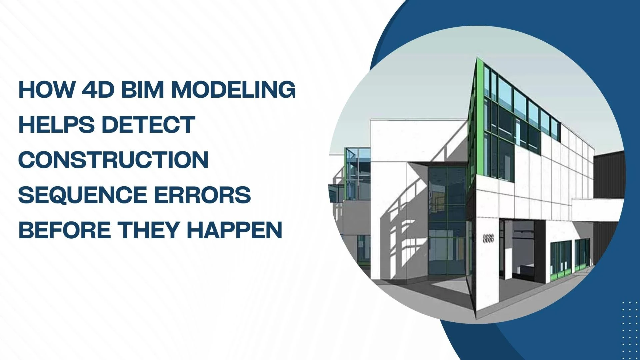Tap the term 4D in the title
[x=98, y=90]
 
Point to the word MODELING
[x=233, y=90]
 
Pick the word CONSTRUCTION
[x=113, y=160]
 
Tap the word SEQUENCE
[x=83, y=195]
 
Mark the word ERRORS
[x=202, y=195]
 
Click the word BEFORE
[x=65, y=230]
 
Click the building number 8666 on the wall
[x=488, y=238]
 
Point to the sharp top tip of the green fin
[x=477, y=58]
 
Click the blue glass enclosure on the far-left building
[x=358, y=173]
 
